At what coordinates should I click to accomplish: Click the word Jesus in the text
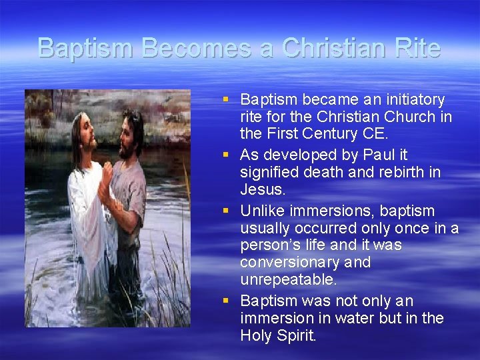pyautogui.click(x=263, y=189)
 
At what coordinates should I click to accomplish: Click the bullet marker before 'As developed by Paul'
pyautogui.click(x=227, y=155)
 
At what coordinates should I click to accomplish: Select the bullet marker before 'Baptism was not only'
pyautogui.click(x=227, y=301)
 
